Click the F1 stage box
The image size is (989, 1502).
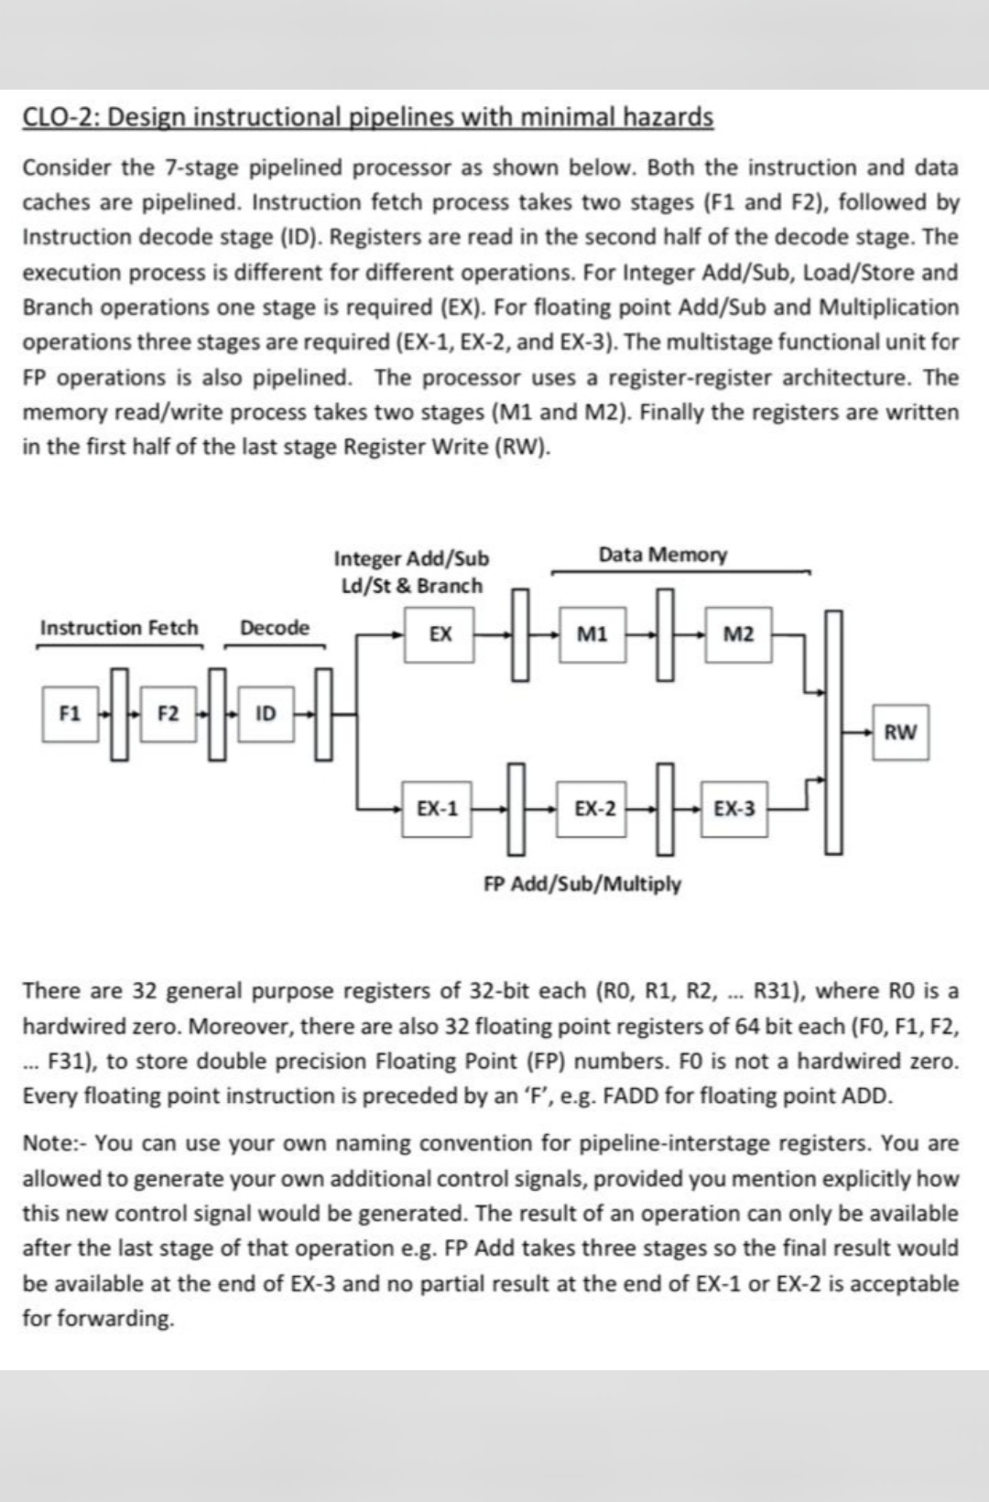click(x=68, y=713)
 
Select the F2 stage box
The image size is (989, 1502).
click(x=168, y=713)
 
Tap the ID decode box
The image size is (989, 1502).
click(x=265, y=713)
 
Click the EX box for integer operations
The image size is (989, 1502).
click(x=440, y=632)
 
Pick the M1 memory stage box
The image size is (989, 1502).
click(x=592, y=632)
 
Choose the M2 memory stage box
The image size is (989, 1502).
click(x=738, y=632)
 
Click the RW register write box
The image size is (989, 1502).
click(x=900, y=731)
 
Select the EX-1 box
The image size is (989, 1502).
click(x=437, y=808)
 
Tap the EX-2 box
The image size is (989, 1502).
click(x=594, y=808)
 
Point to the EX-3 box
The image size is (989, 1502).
click(x=734, y=808)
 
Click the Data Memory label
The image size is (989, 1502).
click(x=663, y=555)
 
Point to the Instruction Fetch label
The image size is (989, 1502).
click(x=119, y=628)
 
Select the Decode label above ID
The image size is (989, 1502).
click(x=275, y=628)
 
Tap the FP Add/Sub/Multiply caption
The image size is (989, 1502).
click(x=582, y=884)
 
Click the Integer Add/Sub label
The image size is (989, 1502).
click(x=411, y=558)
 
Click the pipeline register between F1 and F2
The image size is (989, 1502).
click(x=118, y=712)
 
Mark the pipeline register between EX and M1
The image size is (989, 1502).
click(x=520, y=633)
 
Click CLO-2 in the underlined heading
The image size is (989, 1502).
click(x=58, y=117)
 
